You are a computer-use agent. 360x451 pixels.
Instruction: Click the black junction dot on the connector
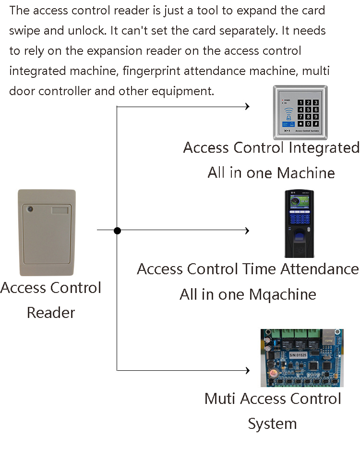pos(117,231)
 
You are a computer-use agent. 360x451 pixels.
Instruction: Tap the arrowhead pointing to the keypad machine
pos(248,106)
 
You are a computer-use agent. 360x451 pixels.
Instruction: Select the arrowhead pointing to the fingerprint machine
pos(247,231)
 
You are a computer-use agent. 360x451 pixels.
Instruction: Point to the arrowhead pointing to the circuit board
pos(248,370)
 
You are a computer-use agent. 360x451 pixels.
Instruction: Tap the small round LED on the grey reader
pos(30,210)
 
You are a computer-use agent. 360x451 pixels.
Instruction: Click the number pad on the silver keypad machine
pos(309,113)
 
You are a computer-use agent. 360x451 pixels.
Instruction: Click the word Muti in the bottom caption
pos(220,399)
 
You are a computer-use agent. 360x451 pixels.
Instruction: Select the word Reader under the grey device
pos(51,313)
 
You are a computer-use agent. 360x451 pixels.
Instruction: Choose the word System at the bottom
pos(272,424)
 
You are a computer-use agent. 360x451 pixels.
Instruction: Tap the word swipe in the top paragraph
pos(23,30)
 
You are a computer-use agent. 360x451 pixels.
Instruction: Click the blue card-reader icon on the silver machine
pos(288,114)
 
